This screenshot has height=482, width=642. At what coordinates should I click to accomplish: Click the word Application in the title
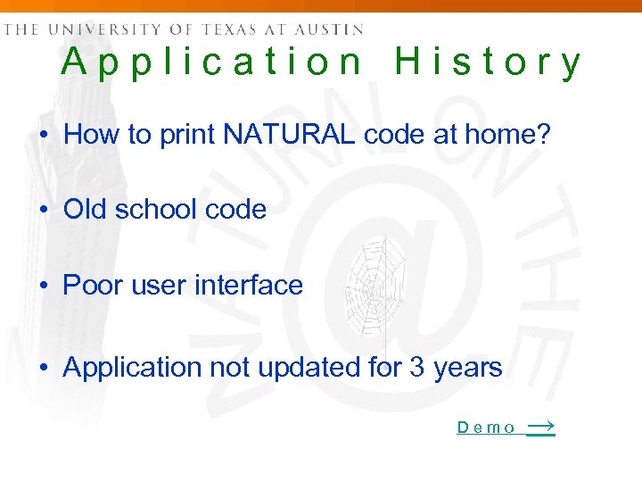tap(212, 63)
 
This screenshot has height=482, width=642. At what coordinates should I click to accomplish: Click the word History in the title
tap(488, 63)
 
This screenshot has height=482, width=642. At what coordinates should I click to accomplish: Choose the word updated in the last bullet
tap(301, 367)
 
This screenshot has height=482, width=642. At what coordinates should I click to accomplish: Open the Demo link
tap(486, 428)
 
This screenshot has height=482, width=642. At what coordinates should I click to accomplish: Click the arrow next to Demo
tap(540, 427)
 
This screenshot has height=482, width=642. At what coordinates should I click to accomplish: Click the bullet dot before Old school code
tap(43, 211)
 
